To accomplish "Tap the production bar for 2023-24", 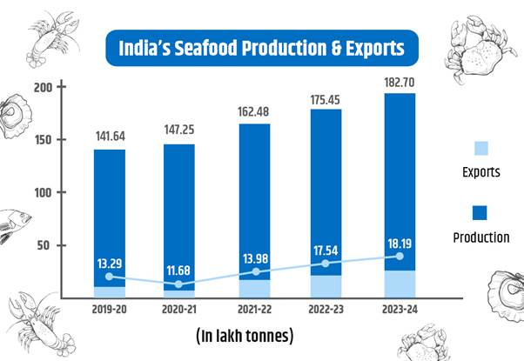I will pyautogui.click(x=400, y=174).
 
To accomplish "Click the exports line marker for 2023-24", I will pyautogui.click(x=400, y=256).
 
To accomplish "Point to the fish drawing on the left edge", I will pyautogui.click(x=16, y=225).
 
